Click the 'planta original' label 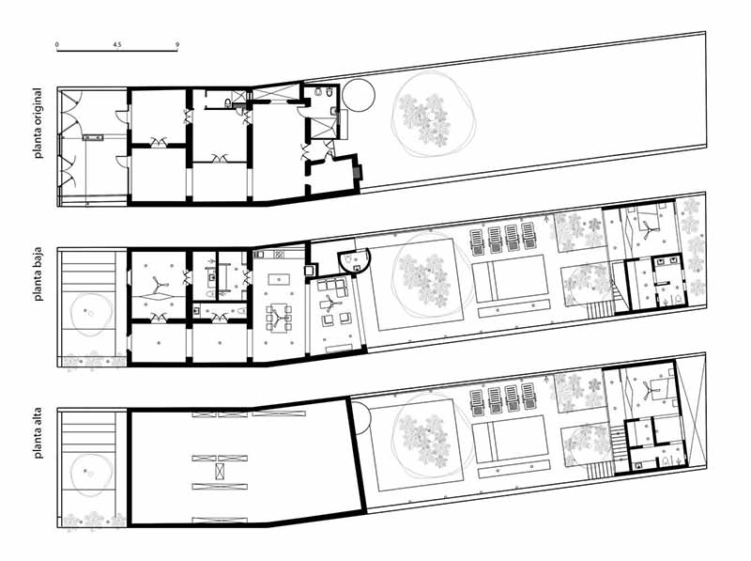pos(38,123)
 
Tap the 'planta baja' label pos(38,274)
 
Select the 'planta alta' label pos(38,433)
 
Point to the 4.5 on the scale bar pos(117,44)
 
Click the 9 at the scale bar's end pos(177,44)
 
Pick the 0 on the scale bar pos(57,44)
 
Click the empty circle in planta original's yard pos(359,95)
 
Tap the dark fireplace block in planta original pos(357,172)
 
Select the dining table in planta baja pos(278,319)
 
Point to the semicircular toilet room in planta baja pos(354,262)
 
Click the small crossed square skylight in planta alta pos(220,472)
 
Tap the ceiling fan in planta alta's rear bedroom pos(648,389)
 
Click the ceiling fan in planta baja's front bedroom pos(158,287)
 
